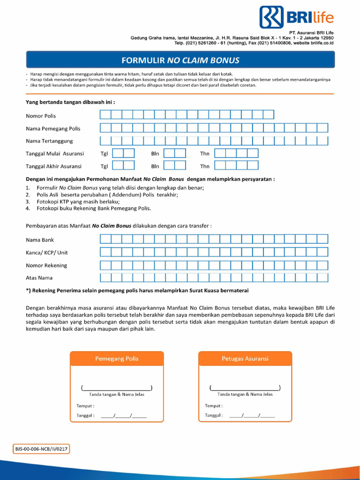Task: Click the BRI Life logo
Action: [296, 17]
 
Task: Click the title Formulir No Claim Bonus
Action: [180, 60]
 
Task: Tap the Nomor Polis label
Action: [41, 116]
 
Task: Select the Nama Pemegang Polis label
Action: [53, 128]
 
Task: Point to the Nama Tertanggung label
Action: [49, 141]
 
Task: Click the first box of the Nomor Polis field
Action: [105, 115]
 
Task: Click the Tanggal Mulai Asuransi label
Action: [55, 153]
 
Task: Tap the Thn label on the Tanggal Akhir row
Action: [205, 166]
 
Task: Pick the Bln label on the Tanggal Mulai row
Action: [155, 153]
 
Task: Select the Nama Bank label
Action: [40, 240]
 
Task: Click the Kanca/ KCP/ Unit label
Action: [47, 253]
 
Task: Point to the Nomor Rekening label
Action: [46, 265]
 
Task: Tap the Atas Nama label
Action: [39, 277]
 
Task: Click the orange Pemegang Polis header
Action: [117, 359]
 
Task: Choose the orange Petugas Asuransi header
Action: [245, 359]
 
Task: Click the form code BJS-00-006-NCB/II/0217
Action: [42, 449]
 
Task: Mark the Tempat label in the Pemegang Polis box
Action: [85, 405]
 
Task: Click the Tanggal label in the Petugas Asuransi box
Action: [214, 415]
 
